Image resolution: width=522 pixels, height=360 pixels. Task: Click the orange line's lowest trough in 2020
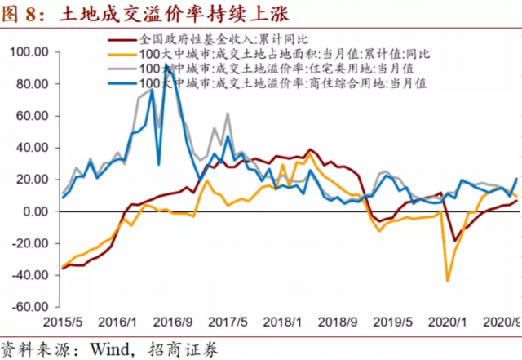tap(448, 281)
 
